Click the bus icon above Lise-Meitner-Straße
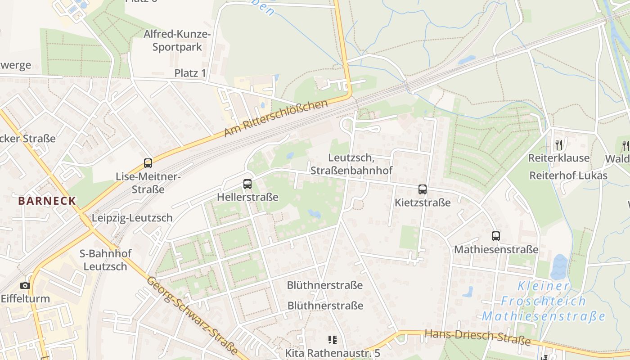coord(148,163)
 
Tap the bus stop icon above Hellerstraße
coord(247,184)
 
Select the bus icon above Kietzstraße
coord(423,189)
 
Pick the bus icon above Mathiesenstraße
coord(496,236)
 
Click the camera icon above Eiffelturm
coord(25,285)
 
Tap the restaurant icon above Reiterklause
coord(558,144)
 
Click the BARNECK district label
coord(47,201)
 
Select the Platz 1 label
coord(190,73)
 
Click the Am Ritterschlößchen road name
coord(276,119)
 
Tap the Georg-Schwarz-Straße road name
coord(192,315)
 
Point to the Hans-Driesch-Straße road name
coord(477,337)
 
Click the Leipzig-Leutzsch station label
coord(132,218)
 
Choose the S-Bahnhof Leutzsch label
coord(106,260)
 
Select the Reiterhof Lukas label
coord(568,175)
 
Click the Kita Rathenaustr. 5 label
coord(333,353)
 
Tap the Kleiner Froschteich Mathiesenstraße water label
coord(544,301)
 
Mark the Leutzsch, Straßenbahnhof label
coord(360,164)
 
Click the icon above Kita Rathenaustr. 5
coord(333,340)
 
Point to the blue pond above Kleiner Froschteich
coord(559,267)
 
